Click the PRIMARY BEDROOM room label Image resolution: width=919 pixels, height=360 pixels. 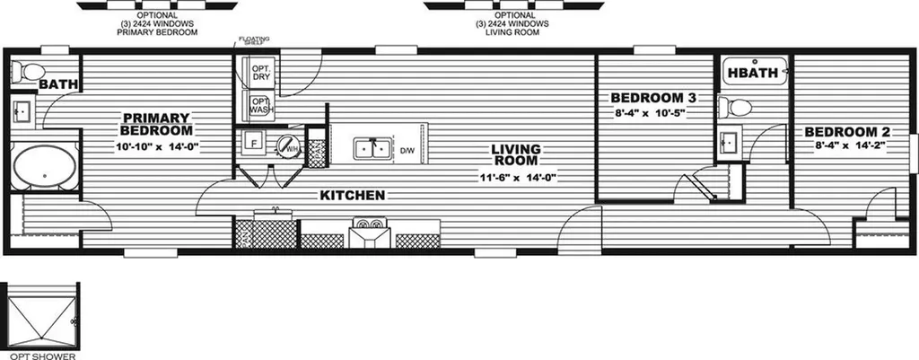[x=155, y=124]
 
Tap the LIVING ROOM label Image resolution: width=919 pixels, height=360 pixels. [x=520, y=154]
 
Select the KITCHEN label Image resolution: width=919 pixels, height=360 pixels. [x=353, y=195]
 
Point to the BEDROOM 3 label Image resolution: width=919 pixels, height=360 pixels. [x=654, y=98]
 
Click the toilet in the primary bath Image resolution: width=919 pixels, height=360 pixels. [x=32, y=72]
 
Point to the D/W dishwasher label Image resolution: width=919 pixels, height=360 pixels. [x=406, y=150]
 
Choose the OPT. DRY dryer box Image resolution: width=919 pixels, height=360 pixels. [x=261, y=74]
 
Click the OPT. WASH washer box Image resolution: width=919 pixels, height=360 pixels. [x=261, y=107]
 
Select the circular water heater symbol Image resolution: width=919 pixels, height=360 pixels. [x=286, y=144]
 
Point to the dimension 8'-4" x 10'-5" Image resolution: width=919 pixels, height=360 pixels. [x=654, y=114]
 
